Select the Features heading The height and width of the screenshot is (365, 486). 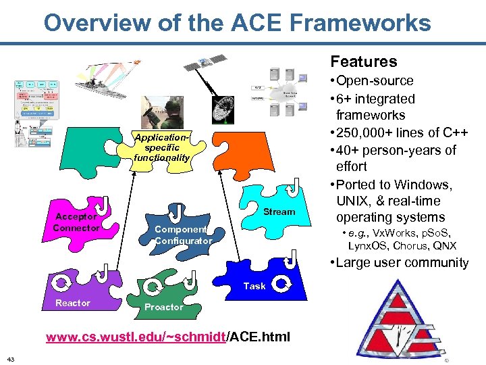[x=363, y=62]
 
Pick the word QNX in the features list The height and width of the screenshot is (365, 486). [x=445, y=245]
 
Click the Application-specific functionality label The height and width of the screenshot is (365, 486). [x=161, y=147]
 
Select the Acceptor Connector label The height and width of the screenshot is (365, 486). [x=76, y=222]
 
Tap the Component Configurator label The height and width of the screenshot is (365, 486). [x=183, y=235]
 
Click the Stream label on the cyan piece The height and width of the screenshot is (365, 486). [x=279, y=212]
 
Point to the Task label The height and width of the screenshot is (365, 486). [x=254, y=286]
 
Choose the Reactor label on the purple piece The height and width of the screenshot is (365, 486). [x=72, y=303]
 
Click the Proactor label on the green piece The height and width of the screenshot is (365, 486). [x=163, y=307]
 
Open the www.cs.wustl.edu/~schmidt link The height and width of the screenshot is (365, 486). [x=135, y=337]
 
